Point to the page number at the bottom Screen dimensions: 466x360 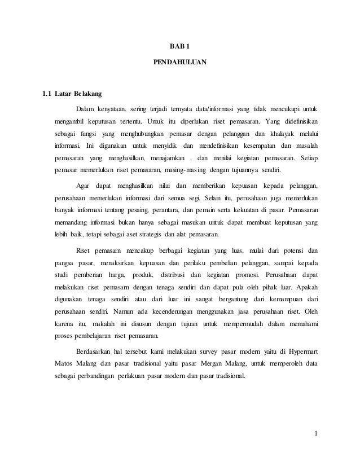pyautogui.click(x=317, y=433)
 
